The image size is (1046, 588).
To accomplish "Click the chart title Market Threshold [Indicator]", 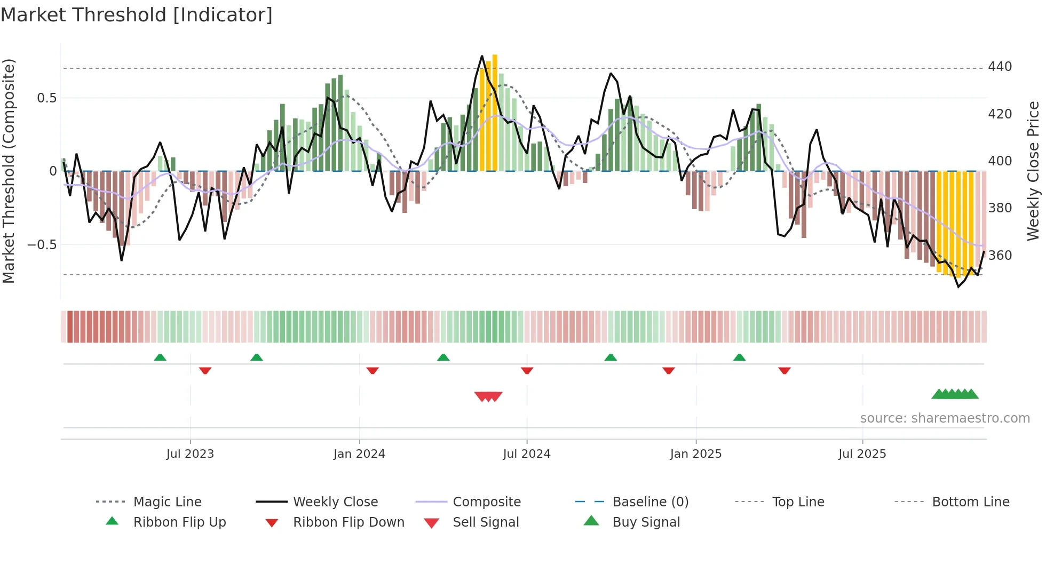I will (137, 15).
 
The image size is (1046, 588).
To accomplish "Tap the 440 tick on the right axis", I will (1000, 67).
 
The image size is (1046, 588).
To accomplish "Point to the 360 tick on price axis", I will (1000, 255).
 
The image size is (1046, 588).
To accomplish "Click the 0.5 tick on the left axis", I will (46, 98).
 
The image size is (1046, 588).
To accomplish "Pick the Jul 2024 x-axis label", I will (526, 454).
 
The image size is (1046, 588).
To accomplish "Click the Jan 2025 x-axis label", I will (695, 454).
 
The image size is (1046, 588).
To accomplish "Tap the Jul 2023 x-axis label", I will (190, 454).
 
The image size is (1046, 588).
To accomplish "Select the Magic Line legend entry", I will (167, 502).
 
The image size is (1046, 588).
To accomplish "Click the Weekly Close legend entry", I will (335, 502).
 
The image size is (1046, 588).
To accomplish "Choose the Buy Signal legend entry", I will (646, 522).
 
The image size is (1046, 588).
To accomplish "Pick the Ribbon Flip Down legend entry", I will (348, 522).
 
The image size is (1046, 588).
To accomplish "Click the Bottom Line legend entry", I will (970, 502).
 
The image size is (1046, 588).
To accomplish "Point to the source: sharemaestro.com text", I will (945, 418).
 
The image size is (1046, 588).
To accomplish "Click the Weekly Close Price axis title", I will (1033, 171).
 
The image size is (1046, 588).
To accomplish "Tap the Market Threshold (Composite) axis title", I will (9, 171).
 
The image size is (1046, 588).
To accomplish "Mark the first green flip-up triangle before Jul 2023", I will (160, 357).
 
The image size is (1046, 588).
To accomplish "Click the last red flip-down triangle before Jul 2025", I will (784, 370).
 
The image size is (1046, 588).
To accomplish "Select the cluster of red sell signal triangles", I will (488, 396).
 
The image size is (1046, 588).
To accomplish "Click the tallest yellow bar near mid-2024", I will (495, 112).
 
